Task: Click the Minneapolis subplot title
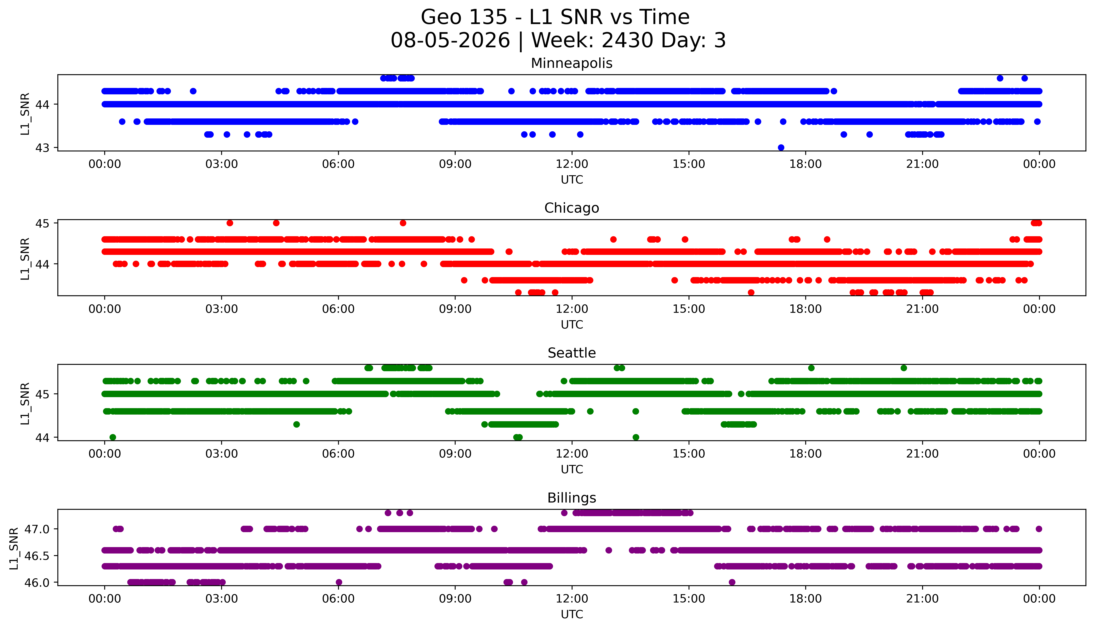click(x=572, y=63)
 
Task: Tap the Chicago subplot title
click(x=572, y=208)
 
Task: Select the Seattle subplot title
click(x=572, y=353)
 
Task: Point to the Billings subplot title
click(x=572, y=498)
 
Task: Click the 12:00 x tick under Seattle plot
click(x=572, y=454)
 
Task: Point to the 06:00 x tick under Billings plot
click(x=338, y=599)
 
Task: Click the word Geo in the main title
click(x=441, y=17)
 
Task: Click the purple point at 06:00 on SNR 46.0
click(x=339, y=582)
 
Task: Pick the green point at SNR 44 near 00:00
click(x=113, y=437)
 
